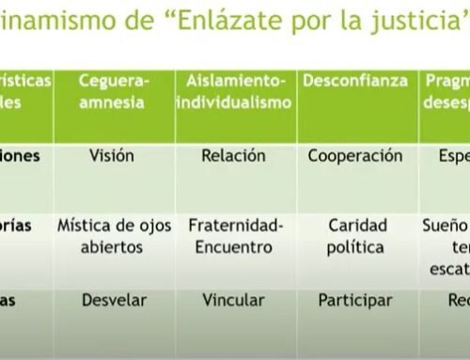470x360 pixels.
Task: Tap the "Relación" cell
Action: click(x=234, y=156)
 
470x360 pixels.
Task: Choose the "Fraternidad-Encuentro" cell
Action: click(x=234, y=236)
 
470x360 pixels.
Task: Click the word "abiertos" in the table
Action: click(x=114, y=247)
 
